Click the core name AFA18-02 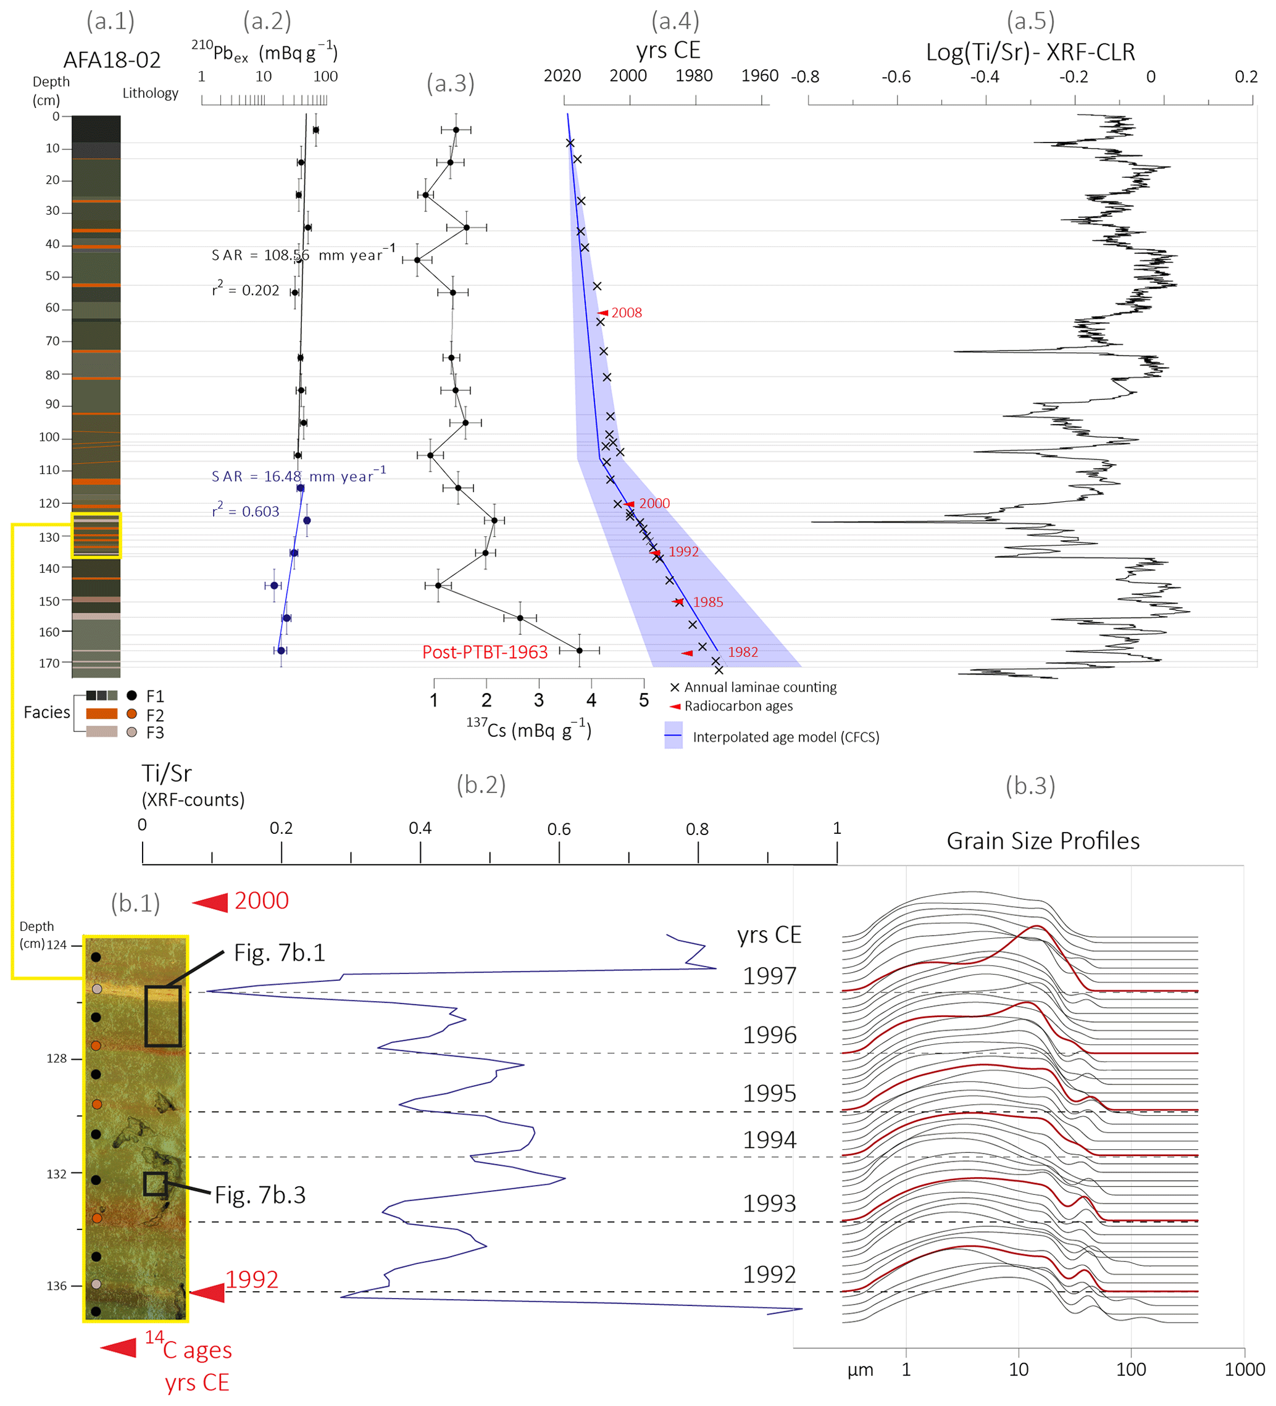click(x=112, y=60)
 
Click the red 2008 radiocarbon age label click(x=626, y=313)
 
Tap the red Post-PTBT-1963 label click(x=485, y=652)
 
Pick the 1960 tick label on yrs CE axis click(x=759, y=75)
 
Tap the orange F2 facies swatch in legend click(x=101, y=713)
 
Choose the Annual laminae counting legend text click(x=760, y=687)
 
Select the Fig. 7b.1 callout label click(x=279, y=953)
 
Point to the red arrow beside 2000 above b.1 click(x=210, y=902)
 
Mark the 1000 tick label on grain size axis click(x=1244, y=1369)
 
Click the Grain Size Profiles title click(x=1042, y=841)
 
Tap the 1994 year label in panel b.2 click(x=769, y=1140)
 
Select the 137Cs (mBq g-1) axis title click(x=528, y=729)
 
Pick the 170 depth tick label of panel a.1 click(x=49, y=662)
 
